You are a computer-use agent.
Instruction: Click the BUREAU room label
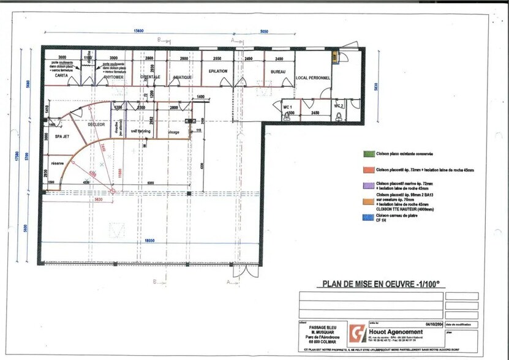coord(278,72)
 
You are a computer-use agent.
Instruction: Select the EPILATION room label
coord(217,71)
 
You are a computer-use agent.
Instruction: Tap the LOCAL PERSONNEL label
coord(313,78)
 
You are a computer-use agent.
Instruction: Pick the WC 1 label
coord(288,107)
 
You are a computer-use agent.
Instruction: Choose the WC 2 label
coord(339,106)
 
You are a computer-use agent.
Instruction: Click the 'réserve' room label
coord(58,163)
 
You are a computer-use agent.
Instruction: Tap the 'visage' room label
coord(173,132)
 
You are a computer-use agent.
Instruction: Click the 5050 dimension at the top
coord(265,31)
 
